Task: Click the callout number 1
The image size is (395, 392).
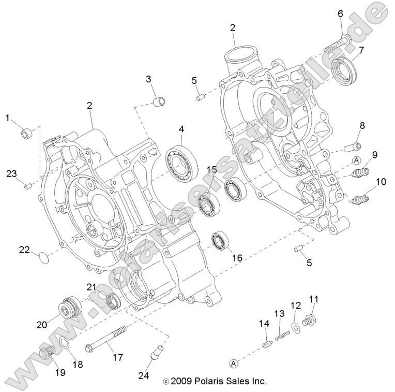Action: [x=8, y=118]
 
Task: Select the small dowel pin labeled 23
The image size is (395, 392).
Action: [x=28, y=186]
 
